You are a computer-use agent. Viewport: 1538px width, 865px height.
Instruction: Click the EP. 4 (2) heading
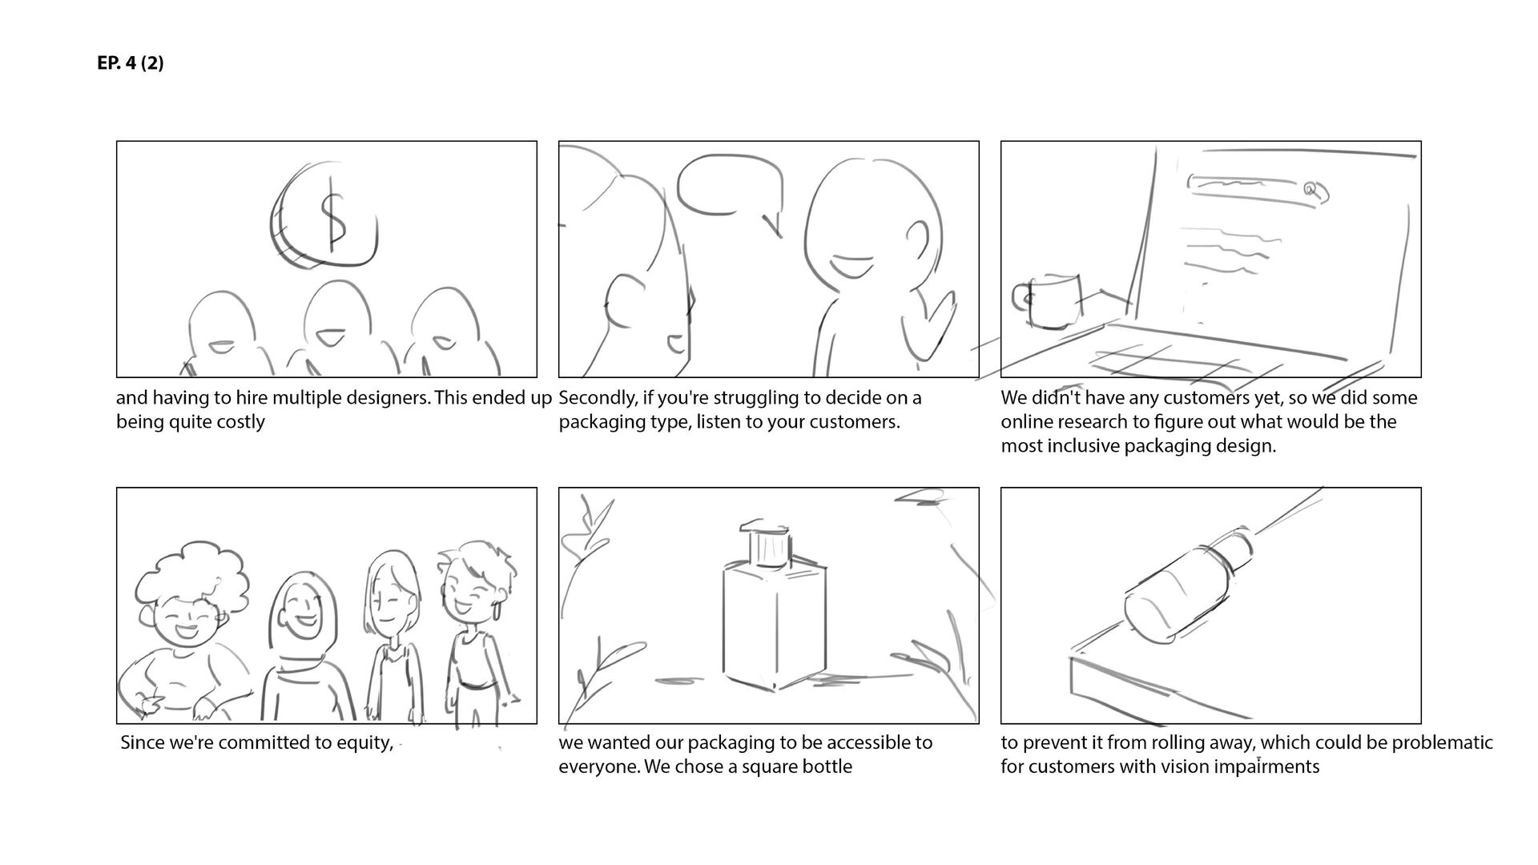[x=130, y=63]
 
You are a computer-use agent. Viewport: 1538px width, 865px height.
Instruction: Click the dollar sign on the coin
[x=332, y=218]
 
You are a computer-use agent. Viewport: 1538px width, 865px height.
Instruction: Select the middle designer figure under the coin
[x=337, y=328]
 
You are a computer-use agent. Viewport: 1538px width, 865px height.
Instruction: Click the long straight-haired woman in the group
[x=393, y=625]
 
